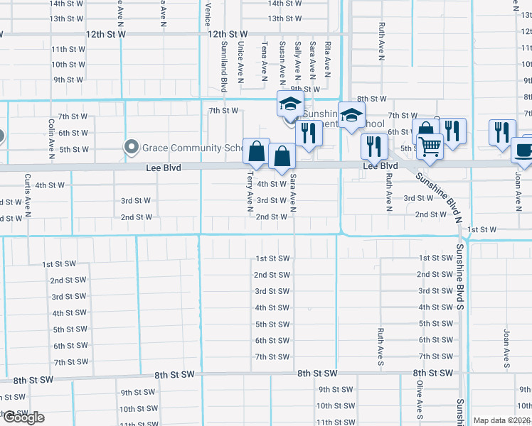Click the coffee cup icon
click(523, 151)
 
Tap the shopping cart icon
click(430, 146)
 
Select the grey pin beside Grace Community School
click(132, 147)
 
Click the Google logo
click(23, 417)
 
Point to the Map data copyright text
click(502, 420)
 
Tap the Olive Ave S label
click(420, 404)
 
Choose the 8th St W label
click(371, 99)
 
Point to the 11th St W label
click(69, 49)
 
